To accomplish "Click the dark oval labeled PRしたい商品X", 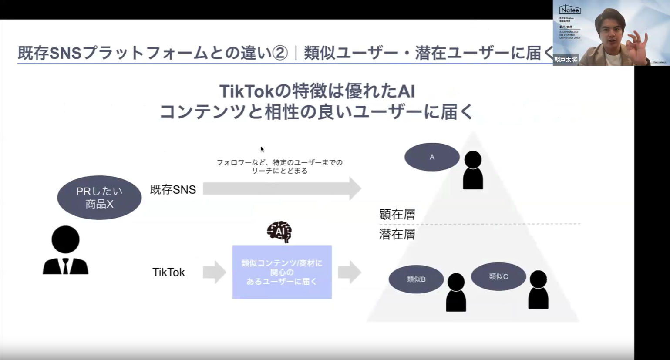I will click(99, 198).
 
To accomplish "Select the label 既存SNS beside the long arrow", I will click(173, 190).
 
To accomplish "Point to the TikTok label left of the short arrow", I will click(168, 273).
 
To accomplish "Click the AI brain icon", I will click(279, 232).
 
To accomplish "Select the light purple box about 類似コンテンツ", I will click(282, 272).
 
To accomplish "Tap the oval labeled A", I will click(432, 157).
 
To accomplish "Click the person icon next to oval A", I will click(473, 170).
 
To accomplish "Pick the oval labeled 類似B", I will click(416, 279).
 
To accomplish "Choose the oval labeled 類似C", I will click(498, 276).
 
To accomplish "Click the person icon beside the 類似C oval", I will click(538, 289).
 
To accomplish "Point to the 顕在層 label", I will click(397, 214).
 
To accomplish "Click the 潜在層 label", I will click(397, 234).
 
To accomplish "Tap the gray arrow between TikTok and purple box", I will click(215, 273).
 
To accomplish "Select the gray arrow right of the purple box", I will click(349, 273).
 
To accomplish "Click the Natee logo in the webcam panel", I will click(569, 10).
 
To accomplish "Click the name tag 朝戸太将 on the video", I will click(566, 60).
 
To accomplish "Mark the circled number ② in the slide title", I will click(280, 53).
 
